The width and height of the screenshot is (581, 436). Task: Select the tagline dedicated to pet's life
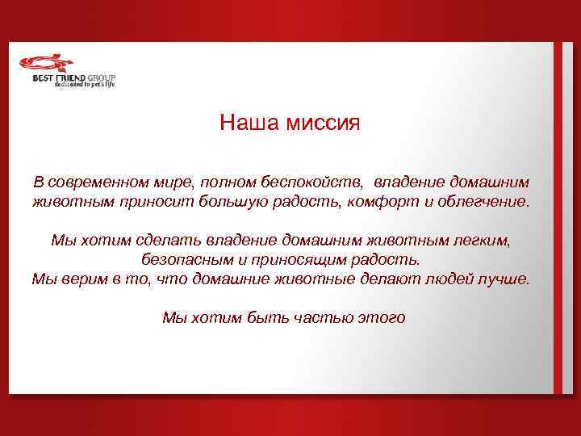(85, 85)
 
